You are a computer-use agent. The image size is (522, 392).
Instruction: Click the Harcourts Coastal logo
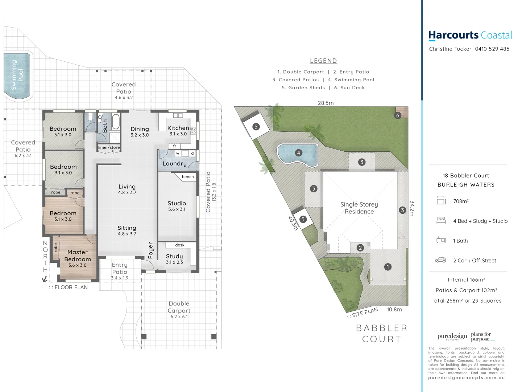tap(470, 35)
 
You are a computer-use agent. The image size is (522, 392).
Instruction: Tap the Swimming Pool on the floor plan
tap(17, 75)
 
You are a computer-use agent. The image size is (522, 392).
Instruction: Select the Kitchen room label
tap(178, 128)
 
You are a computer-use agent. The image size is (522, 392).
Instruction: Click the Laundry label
tap(174, 164)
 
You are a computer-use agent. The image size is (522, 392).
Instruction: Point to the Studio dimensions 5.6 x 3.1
tap(177, 209)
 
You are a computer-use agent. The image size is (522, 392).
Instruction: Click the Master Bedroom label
tap(77, 256)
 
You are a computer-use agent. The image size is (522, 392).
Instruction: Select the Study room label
tap(174, 256)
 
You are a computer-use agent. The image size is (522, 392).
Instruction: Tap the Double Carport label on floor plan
tap(179, 307)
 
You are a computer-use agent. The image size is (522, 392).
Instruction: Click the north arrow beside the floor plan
tap(45, 279)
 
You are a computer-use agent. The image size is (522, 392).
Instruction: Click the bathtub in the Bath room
tap(116, 122)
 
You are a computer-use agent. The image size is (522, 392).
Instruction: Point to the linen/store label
tap(109, 148)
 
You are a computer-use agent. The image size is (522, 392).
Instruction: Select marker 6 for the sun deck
tap(398, 115)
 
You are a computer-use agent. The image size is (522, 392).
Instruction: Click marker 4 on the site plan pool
tap(298, 153)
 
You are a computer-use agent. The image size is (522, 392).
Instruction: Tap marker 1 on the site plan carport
tap(388, 267)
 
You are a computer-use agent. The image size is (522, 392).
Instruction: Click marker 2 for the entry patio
tap(360, 248)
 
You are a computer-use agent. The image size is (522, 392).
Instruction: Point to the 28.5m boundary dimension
tap(326, 103)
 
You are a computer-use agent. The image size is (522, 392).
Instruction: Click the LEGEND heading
tap(323, 61)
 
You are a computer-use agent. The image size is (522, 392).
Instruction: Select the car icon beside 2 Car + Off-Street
tap(441, 260)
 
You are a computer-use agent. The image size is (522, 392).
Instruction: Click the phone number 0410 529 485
tap(492, 49)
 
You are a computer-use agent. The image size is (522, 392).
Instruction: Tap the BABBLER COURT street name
tap(382, 334)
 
